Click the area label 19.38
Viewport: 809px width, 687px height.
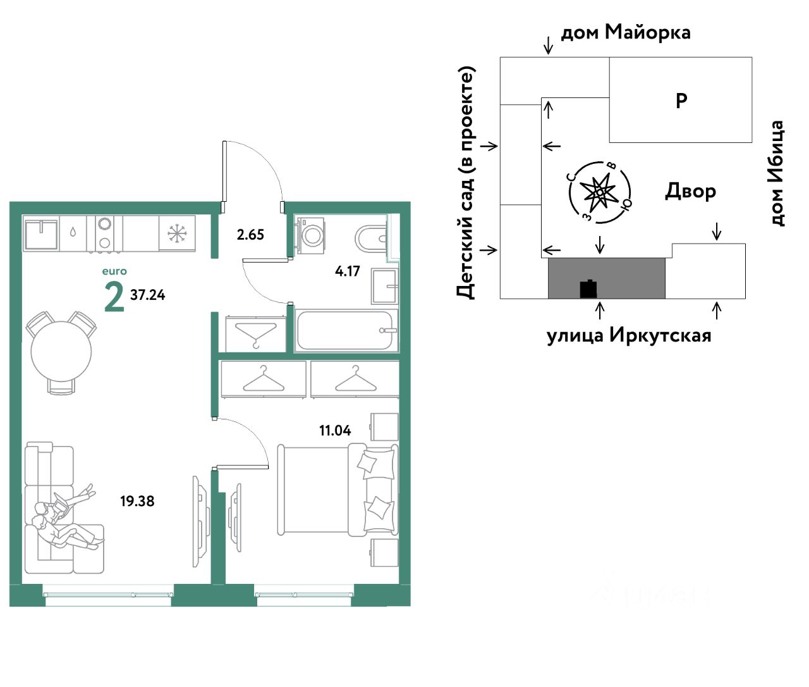click(137, 502)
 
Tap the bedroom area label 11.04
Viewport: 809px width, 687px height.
click(335, 431)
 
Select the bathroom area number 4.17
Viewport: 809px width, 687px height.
click(347, 271)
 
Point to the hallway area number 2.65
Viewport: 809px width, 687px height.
click(250, 235)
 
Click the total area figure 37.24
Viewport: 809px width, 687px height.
click(148, 295)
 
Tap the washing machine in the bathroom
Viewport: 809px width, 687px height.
click(310, 233)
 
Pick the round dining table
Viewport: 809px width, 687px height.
click(61, 352)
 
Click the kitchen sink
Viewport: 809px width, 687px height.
click(40, 232)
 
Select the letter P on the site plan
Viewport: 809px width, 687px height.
click(681, 101)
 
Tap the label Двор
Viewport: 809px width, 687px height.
click(690, 191)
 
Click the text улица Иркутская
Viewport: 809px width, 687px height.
click(628, 335)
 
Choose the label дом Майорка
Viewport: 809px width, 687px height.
click(626, 32)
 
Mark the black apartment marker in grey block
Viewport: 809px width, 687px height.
click(588, 288)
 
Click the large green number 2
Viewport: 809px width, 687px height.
click(114, 297)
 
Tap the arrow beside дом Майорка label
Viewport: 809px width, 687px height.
click(549, 44)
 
